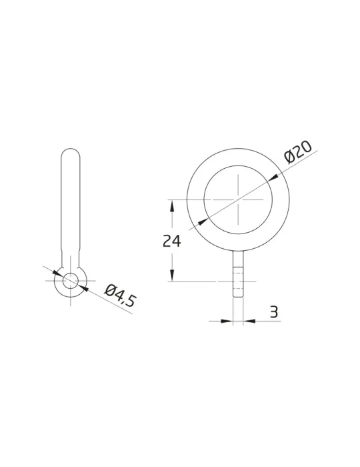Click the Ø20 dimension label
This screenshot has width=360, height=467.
298,151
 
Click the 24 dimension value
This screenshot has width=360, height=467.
172,242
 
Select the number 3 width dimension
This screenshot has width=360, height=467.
274,312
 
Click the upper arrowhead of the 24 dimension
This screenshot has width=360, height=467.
172,205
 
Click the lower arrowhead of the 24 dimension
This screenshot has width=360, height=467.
172,276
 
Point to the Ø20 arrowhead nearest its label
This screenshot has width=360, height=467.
273,177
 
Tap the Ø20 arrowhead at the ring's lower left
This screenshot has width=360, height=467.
203,221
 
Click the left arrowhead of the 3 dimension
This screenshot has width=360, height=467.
227,321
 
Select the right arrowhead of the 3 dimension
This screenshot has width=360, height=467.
249,321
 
